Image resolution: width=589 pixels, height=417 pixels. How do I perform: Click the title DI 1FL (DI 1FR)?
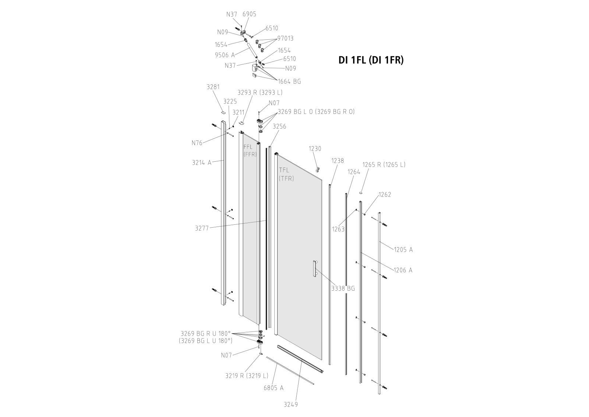(371, 60)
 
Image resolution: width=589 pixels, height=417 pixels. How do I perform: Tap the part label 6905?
(249, 14)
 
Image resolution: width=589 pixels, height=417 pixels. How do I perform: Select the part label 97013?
(286, 38)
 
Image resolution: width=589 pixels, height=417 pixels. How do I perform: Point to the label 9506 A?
(225, 55)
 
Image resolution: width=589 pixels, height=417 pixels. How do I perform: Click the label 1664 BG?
(289, 81)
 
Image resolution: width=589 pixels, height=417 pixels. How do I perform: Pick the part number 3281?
(213, 87)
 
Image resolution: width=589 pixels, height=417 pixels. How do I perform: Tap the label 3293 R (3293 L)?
(260, 92)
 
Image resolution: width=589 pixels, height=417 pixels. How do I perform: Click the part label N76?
(197, 143)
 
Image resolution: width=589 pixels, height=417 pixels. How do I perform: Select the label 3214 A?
(202, 162)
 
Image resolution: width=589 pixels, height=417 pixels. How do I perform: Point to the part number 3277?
(202, 228)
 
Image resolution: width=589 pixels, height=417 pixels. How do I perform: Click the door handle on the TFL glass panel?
(315, 268)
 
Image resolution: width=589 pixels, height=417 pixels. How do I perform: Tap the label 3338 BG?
(343, 288)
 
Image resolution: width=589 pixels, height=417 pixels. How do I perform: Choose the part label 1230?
(315, 149)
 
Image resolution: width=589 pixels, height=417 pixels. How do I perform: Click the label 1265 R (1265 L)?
(384, 165)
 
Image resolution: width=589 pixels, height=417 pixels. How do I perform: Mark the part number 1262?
(385, 195)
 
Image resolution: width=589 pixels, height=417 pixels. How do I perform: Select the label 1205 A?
(403, 250)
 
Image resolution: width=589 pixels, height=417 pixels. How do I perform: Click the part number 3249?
(291, 412)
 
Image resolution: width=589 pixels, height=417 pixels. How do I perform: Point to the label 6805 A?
(274, 388)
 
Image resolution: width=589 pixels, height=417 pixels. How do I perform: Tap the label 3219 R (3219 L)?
(247, 376)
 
